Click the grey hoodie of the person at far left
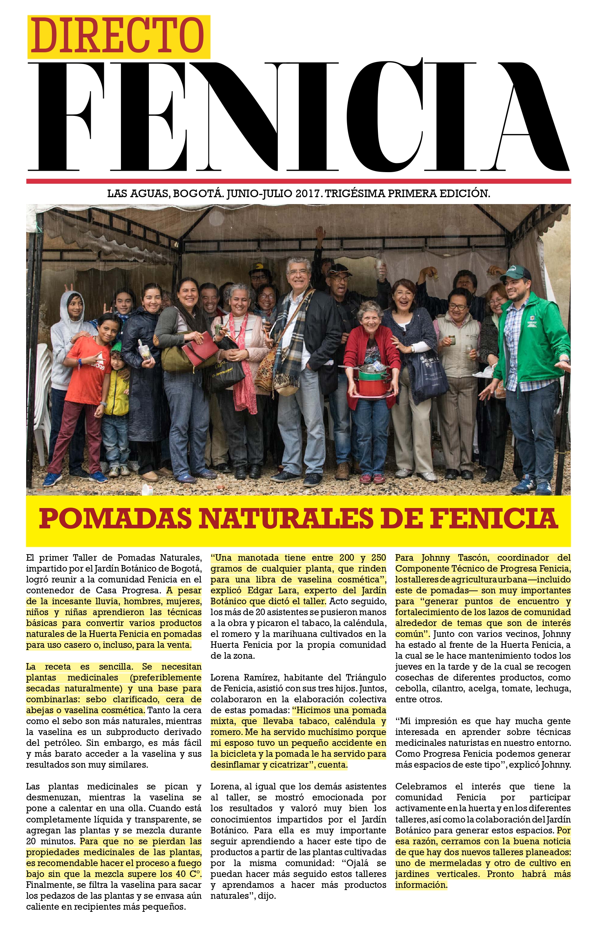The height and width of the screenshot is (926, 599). (70, 342)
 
